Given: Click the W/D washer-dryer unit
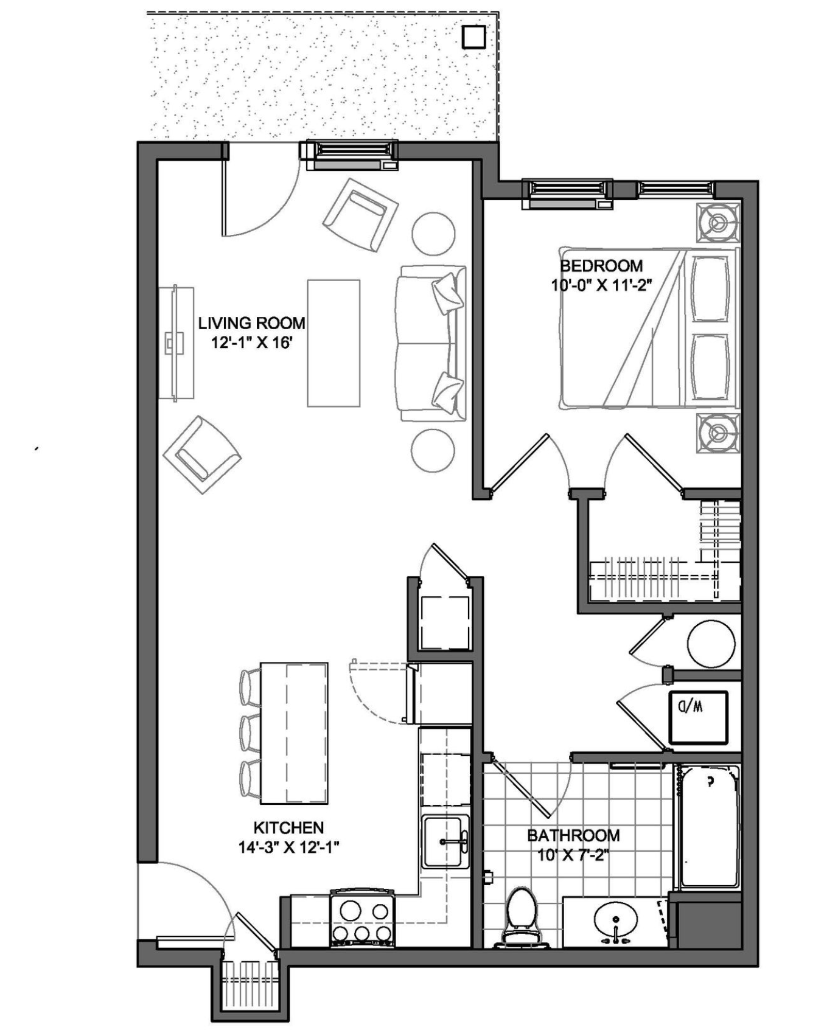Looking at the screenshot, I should click(698, 718).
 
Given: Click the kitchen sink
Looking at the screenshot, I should click(445, 841).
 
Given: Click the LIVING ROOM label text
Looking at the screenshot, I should click(251, 323).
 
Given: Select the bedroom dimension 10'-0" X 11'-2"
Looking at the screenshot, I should click(601, 285).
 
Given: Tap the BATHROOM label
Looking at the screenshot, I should click(573, 835).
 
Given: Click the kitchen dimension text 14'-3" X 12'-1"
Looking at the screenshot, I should click(288, 847).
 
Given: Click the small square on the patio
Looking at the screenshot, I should click(474, 37).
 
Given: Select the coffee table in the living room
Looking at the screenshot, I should click(333, 343).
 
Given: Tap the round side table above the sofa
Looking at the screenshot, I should click(433, 234).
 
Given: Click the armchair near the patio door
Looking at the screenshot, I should click(360, 215).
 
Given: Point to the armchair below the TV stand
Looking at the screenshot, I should click(201, 454).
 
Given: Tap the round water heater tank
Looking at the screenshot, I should click(711, 644).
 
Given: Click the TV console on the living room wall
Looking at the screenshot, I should click(176, 343).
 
